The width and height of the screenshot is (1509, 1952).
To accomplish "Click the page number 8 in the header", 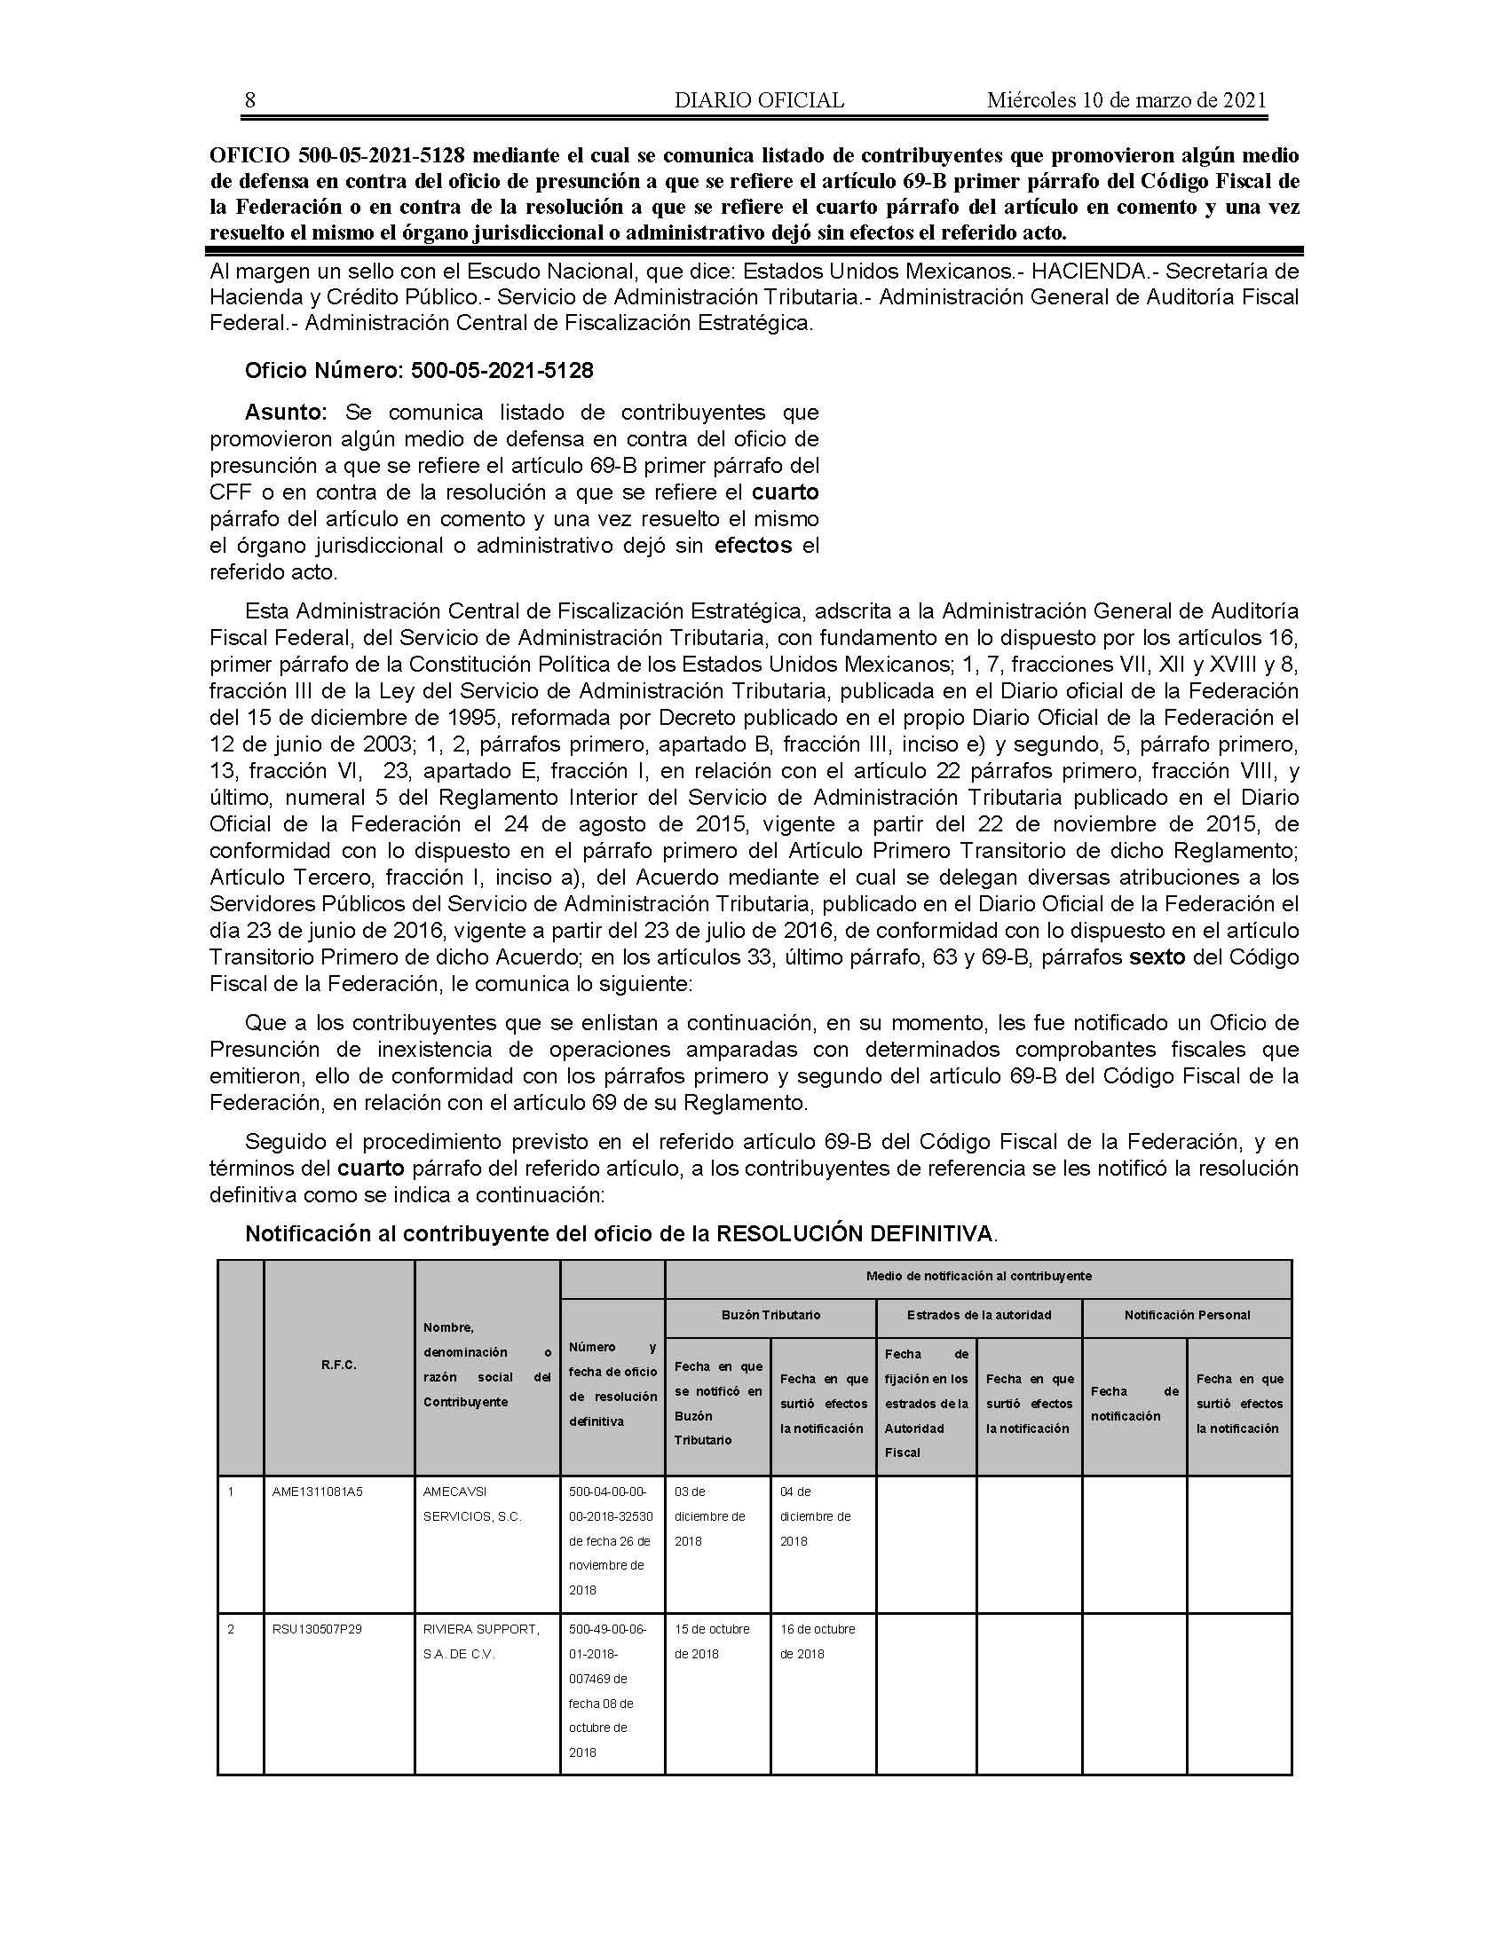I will point(250,101).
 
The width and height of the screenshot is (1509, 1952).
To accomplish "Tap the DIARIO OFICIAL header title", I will point(759,101).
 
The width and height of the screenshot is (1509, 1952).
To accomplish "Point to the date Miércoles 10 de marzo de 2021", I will point(1126,101).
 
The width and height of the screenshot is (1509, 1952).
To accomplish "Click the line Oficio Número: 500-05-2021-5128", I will point(419,371).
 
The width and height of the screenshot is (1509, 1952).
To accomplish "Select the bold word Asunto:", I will point(287,413).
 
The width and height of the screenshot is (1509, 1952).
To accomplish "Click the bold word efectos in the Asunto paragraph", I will point(754,545).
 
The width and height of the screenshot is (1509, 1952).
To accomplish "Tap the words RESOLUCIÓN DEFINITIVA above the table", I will point(856,1234).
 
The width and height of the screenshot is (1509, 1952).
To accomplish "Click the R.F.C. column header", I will point(339,1366).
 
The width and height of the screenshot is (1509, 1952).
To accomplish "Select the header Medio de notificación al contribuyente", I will point(978,1276).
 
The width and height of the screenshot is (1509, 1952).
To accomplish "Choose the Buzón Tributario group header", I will point(770,1316).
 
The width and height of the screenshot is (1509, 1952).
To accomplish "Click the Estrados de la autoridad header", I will point(979,1316).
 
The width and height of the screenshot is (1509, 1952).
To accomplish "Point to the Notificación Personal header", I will point(1187,1316).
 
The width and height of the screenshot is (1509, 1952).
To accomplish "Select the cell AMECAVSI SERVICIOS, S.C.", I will point(472,1504).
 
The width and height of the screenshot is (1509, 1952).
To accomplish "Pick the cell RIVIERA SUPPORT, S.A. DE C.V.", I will point(481,1641).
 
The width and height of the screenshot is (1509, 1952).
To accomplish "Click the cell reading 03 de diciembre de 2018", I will point(710,1516).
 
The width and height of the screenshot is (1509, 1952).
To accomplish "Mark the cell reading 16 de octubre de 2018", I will point(817,1641).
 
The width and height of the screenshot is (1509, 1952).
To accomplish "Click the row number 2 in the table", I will point(231,1629).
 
